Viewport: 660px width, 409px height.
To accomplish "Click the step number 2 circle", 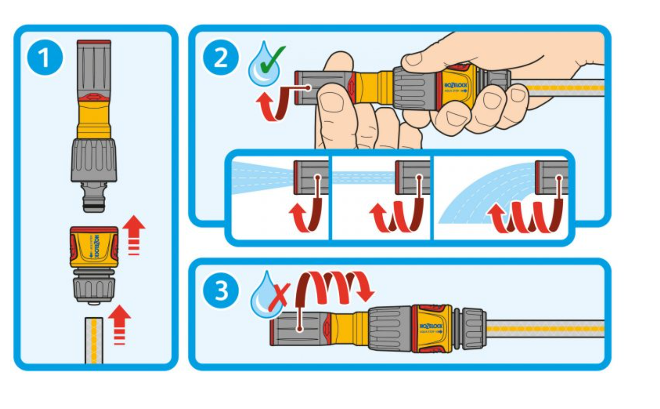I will coord(220,58).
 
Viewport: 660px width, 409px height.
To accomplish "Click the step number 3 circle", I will coord(220,290).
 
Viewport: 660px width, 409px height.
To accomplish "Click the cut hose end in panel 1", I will coord(94,339).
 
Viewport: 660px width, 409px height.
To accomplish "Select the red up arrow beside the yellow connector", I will coord(134,234).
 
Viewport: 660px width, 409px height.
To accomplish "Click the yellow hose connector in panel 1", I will coord(93,248).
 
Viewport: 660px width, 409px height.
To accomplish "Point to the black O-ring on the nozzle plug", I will coord(94,203).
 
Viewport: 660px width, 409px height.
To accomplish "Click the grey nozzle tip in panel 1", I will coord(94,66).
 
